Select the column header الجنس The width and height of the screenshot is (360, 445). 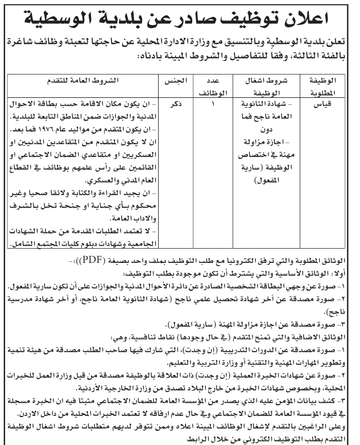(172, 80)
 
